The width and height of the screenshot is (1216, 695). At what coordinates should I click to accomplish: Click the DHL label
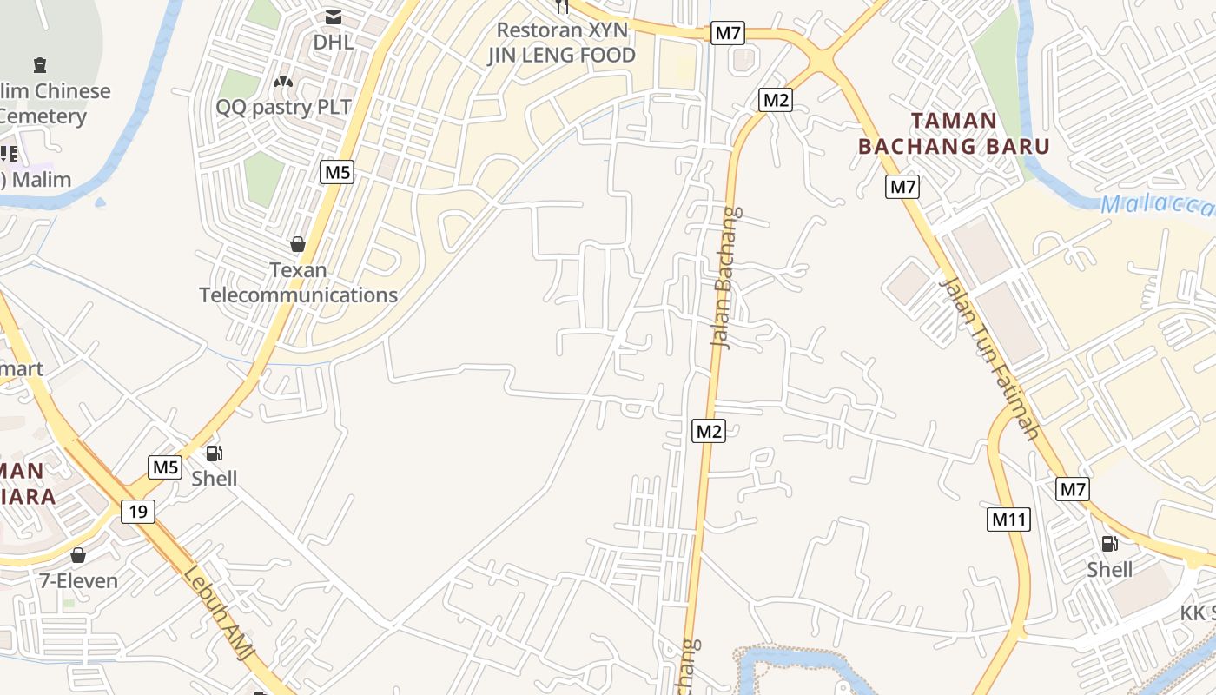pos(334,42)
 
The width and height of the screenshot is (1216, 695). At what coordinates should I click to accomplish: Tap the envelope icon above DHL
pos(334,17)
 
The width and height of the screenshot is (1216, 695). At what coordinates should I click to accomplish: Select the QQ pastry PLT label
pos(284,107)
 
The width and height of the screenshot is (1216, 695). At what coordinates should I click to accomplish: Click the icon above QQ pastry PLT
pos(282,82)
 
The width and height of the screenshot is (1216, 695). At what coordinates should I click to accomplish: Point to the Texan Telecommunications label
pos(298,282)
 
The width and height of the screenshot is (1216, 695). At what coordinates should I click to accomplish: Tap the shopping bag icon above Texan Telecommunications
pos(298,244)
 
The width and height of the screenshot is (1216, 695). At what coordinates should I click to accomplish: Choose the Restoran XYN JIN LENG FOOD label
pos(561,43)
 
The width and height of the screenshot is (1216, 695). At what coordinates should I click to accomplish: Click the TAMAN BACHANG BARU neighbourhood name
pos(954,133)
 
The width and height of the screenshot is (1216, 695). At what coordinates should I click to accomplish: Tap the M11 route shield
pos(1009,520)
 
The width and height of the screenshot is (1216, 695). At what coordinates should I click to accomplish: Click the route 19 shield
pos(138,511)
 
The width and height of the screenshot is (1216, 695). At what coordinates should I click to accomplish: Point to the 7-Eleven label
pos(78,579)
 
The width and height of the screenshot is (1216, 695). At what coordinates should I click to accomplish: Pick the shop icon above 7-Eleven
pos(78,554)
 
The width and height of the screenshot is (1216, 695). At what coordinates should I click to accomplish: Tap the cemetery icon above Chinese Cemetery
pos(39,64)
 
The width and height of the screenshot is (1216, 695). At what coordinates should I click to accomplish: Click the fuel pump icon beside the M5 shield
pos(214,453)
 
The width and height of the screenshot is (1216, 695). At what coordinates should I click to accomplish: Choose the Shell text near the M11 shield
pos(1110,569)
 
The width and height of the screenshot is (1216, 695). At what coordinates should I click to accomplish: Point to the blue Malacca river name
pos(1155,207)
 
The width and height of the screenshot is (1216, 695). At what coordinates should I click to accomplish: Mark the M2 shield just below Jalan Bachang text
pos(709,430)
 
